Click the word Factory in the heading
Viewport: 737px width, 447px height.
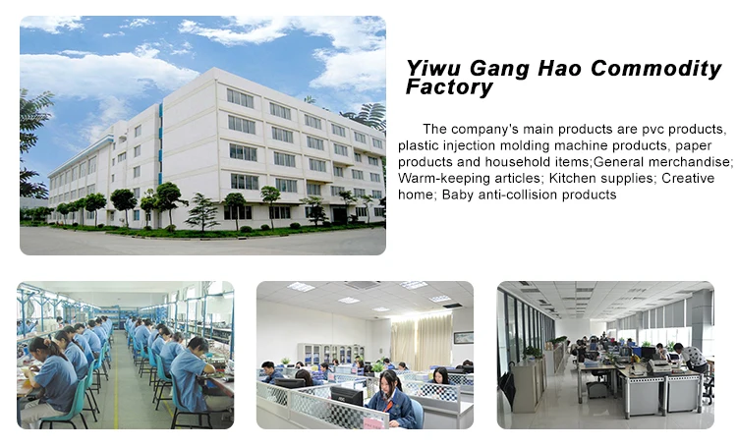pos(449,87)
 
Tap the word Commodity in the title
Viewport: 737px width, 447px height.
pos(655,69)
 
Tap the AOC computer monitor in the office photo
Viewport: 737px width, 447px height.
pos(347,396)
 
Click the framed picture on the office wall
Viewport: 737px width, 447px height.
pos(463,338)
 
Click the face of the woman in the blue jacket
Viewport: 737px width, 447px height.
pos(389,381)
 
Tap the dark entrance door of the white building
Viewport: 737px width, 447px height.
pos(340,215)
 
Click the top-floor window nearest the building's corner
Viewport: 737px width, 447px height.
pos(240,98)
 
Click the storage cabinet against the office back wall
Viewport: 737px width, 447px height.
pos(331,354)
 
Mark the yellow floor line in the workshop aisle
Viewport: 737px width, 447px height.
pos(116,381)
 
